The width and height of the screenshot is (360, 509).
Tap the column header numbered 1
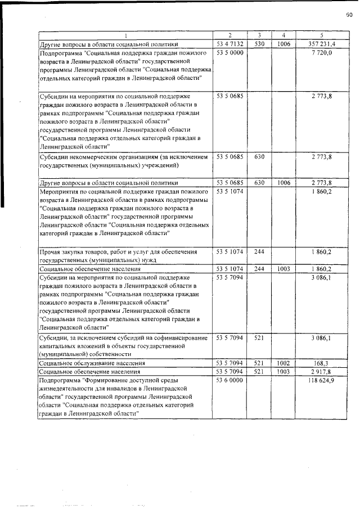click(x=125, y=35)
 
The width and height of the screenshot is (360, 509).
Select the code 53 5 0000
click(x=229, y=52)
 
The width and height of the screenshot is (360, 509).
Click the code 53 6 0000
click(x=229, y=381)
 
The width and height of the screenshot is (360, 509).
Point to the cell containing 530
click(x=259, y=43)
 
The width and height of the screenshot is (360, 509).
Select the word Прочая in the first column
click(x=49, y=252)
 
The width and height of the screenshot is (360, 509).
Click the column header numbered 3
click(x=259, y=35)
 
